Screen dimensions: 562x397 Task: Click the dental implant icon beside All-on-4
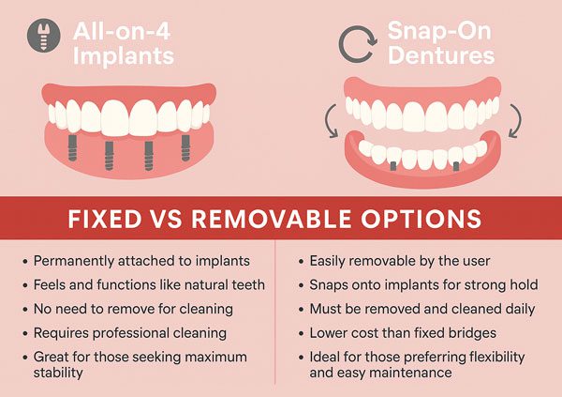coord(44,36)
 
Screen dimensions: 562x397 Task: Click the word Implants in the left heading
coord(124,56)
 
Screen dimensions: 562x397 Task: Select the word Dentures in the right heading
coord(441,55)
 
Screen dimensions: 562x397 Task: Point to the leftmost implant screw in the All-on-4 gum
coord(72,147)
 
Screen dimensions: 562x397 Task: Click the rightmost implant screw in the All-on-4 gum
coord(185,147)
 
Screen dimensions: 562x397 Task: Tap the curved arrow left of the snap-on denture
coord(331,121)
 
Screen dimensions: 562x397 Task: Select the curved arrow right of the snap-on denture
coord(515,121)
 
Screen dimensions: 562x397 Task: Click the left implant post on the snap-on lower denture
coord(393,165)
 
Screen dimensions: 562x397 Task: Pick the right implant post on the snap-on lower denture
coord(456,165)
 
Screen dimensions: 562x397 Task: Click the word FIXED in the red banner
coord(105,219)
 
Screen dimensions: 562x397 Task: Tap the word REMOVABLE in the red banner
coord(272,219)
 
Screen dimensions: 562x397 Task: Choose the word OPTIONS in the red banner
coord(421,219)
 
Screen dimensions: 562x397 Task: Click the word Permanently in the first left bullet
coord(73,261)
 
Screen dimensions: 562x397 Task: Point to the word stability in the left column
coord(58,373)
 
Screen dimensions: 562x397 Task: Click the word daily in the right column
coord(518,310)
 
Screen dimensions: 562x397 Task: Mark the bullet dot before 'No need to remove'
coord(25,310)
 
